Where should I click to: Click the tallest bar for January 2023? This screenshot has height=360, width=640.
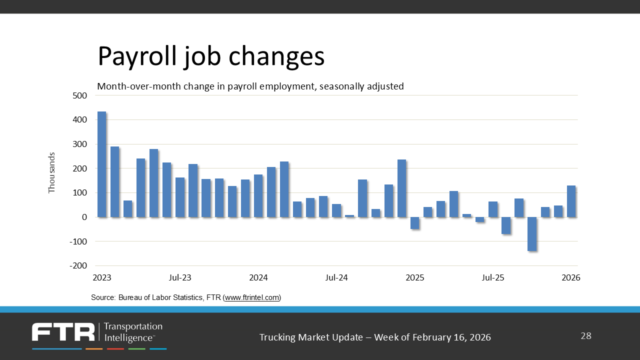[101, 164]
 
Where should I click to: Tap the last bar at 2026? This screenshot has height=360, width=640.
[571, 201]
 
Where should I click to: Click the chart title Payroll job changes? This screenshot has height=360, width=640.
[210, 56]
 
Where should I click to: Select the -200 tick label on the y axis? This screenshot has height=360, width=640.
[79, 265]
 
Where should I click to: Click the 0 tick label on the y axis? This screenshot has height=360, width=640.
[84, 217]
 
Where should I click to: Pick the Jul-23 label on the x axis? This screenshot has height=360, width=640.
[180, 277]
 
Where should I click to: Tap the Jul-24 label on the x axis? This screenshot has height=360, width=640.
[336, 277]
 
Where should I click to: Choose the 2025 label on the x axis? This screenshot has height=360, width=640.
[414, 277]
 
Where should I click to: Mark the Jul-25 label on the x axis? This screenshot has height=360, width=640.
[493, 277]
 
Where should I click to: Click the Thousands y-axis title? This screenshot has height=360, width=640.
[52, 172]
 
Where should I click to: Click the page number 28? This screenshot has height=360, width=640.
[586, 336]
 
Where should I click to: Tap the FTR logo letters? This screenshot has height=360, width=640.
[63, 332]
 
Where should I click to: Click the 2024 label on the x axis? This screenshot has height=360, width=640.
[258, 277]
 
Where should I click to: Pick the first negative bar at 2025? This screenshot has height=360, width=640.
[414, 223]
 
